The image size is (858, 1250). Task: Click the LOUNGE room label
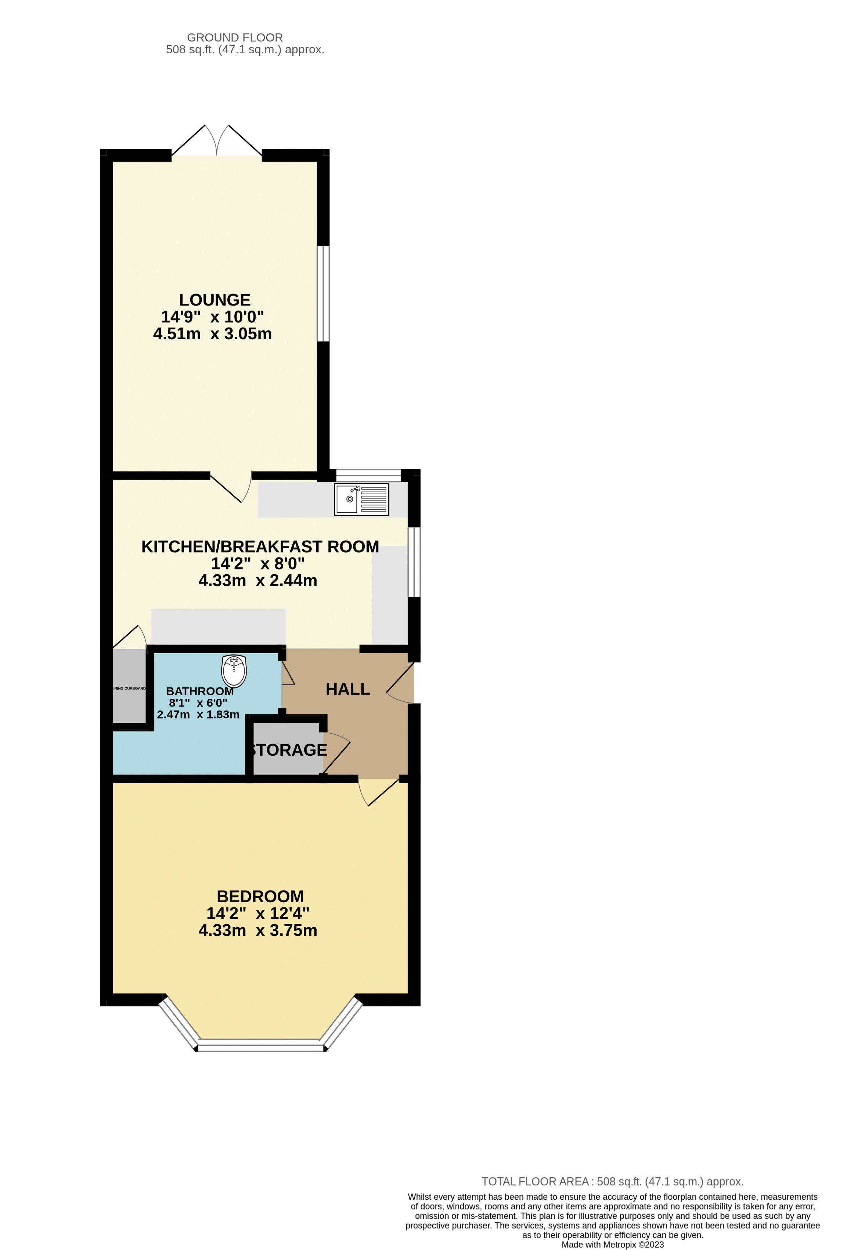tap(214, 300)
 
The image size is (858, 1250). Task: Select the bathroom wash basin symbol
tap(234, 671)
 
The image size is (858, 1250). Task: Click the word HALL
tap(347, 689)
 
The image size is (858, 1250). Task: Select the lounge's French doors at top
tap(217, 141)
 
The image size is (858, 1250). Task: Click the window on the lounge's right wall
tap(323, 294)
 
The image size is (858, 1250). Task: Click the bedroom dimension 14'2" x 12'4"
tap(258, 913)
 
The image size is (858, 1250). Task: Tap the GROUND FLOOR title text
tap(235, 38)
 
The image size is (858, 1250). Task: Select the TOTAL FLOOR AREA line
tap(612, 1181)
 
